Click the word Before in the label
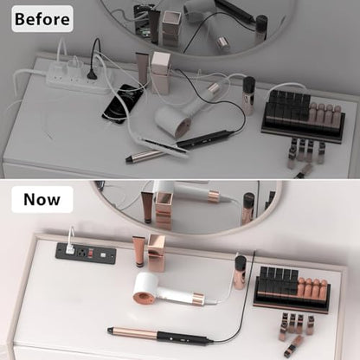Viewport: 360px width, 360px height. click(x=42, y=19)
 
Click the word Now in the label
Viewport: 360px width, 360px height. click(x=42, y=199)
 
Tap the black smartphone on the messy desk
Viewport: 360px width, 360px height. click(x=123, y=103)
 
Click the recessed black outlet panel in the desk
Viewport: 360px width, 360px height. click(x=86, y=253)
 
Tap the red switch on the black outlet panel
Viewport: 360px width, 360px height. click(x=90, y=254)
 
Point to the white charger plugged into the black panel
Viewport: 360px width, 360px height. click(x=69, y=248)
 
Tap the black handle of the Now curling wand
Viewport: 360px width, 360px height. click(x=184, y=337)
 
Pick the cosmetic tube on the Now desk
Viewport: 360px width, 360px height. click(x=138, y=252)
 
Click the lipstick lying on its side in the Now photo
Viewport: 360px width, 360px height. click(x=293, y=346)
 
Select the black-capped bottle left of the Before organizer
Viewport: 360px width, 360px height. click(x=248, y=96)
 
